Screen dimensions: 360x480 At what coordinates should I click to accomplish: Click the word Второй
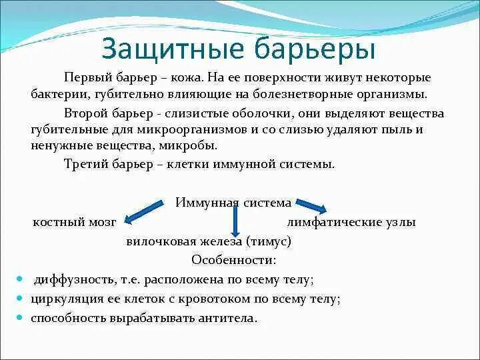point(85,113)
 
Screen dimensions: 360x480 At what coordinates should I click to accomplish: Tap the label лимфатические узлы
point(351,222)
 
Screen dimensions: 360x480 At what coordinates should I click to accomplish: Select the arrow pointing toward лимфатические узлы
point(311,205)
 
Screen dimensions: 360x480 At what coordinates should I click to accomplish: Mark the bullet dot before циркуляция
point(20,299)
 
